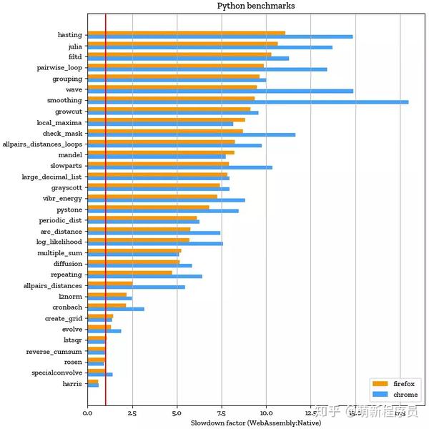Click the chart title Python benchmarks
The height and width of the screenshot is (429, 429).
click(x=255, y=6)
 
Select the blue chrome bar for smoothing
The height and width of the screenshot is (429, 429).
click(x=247, y=102)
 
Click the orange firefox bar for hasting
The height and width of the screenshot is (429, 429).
click(x=186, y=33)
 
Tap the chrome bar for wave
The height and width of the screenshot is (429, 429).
click(x=220, y=91)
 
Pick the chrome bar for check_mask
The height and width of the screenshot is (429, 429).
click(x=191, y=134)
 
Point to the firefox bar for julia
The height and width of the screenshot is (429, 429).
click(x=182, y=44)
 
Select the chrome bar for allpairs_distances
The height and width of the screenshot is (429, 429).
click(x=136, y=287)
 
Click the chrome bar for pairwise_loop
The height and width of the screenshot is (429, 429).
click(x=207, y=69)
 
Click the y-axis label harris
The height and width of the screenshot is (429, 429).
click(x=71, y=384)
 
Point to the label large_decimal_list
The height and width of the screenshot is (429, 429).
click(x=51, y=177)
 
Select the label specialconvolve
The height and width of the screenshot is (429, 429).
click(x=56, y=373)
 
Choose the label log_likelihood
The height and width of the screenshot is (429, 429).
click(x=59, y=242)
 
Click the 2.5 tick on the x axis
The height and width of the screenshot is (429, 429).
click(x=132, y=413)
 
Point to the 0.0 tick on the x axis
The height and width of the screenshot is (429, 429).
click(x=87, y=413)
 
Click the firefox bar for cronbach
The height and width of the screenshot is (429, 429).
click(x=107, y=306)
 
